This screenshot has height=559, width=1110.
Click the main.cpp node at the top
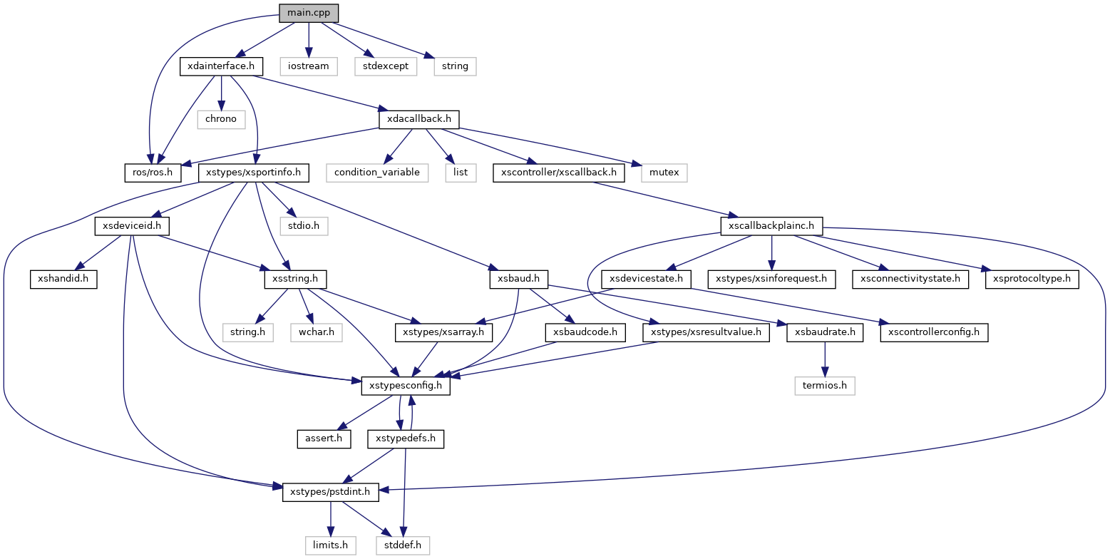click(308, 13)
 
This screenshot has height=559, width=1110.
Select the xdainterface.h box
click(221, 66)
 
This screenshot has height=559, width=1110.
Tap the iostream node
click(307, 66)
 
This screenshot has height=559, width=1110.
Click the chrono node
click(221, 119)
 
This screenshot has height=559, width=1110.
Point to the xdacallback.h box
click(418, 119)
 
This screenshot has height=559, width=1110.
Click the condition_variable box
click(378, 173)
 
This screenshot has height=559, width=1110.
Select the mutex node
click(664, 173)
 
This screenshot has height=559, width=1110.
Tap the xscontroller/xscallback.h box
click(558, 173)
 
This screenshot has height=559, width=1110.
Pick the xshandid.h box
click(63, 279)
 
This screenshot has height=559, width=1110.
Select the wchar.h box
click(316, 332)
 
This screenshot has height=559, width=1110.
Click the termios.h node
click(825, 386)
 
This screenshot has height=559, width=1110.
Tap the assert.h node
click(324, 439)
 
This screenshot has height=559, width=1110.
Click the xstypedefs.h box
click(405, 439)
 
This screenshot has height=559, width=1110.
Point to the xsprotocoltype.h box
click(1032, 279)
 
